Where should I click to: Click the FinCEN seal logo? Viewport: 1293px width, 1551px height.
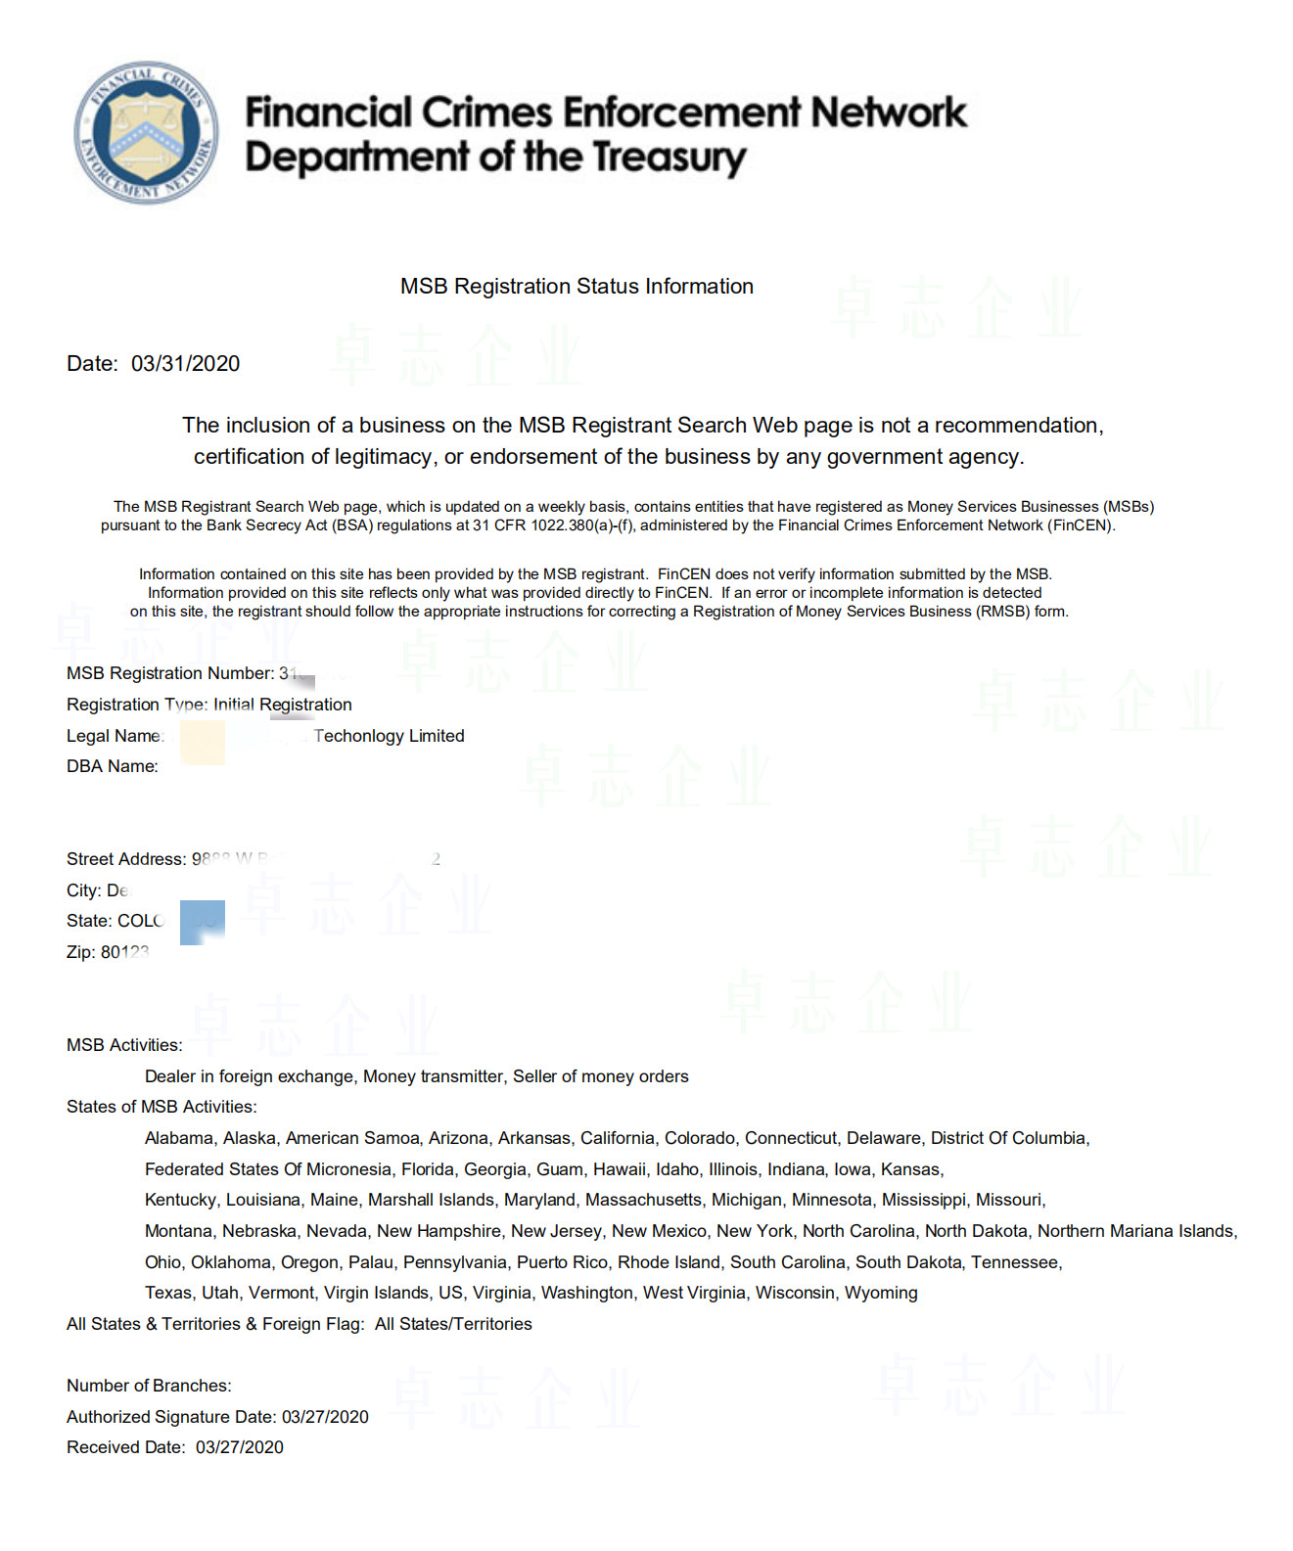pyautogui.click(x=146, y=132)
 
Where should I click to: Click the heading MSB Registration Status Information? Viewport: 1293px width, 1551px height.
pyautogui.click(x=577, y=287)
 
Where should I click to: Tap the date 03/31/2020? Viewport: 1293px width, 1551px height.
pyautogui.click(x=185, y=364)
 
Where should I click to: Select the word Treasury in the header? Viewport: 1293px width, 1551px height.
pyautogui.click(x=670, y=158)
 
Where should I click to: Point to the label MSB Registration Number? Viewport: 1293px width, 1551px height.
pyautogui.click(x=169, y=673)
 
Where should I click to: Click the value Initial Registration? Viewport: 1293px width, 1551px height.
pyautogui.click(x=283, y=705)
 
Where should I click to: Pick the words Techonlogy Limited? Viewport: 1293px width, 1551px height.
pyautogui.click(x=390, y=736)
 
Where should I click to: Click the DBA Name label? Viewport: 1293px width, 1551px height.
pyautogui.click(x=112, y=766)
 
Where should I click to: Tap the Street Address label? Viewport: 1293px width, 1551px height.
pyautogui.click(x=125, y=859)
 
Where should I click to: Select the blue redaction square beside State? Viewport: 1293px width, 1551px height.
pyautogui.click(x=203, y=922)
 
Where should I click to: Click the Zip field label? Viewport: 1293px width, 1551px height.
pyautogui.click(x=80, y=952)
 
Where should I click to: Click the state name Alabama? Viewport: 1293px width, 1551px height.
pyautogui.click(x=178, y=1138)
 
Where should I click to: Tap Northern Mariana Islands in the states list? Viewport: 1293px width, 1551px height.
pyautogui.click(x=1136, y=1231)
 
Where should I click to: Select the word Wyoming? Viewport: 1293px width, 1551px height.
pyautogui.click(x=881, y=1293)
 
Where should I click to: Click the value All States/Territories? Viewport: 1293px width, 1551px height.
pyautogui.click(x=453, y=1324)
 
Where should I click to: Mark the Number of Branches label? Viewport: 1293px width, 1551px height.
pyautogui.click(x=149, y=1386)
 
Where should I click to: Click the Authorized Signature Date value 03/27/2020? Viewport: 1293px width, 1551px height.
pyautogui.click(x=325, y=1417)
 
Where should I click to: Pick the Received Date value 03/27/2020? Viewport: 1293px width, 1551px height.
pyautogui.click(x=240, y=1447)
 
